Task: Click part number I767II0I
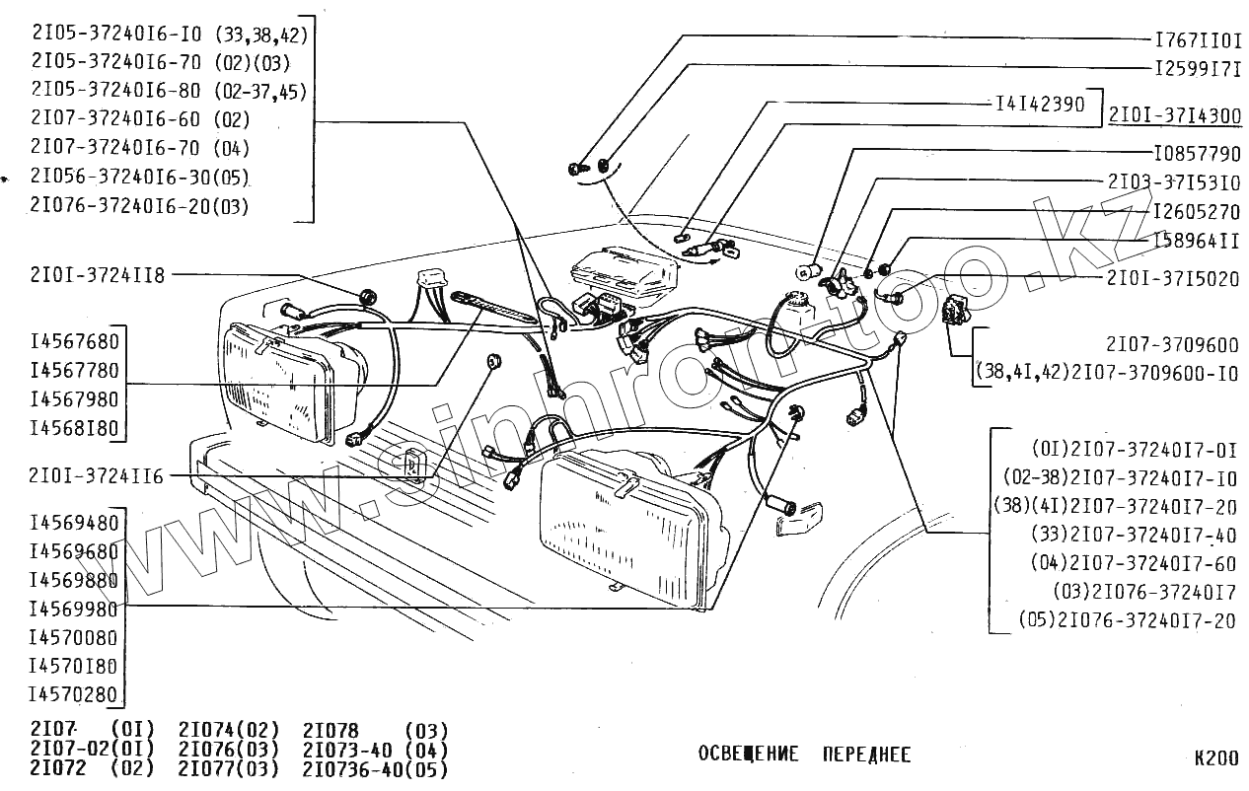[x=1198, y=40]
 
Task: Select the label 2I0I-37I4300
[x=1174, y=115]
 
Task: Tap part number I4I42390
[x=1039, y=102]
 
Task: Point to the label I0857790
[x=1197, y=155]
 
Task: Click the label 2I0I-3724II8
[x=98, y=275]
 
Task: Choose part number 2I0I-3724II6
[x=98, y=477]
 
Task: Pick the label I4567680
[x=75, y=342]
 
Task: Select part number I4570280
[x=75, y=694]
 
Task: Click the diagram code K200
[x=1214, y=758]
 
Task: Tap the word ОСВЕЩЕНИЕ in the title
[x=748, y=755]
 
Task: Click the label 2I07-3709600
[x=1172, y=345]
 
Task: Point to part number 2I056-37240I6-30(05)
[x=139, y=178]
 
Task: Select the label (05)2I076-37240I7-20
[x=1127, y=621]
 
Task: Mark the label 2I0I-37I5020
[x=1172, y=279]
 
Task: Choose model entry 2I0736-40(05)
[x=375, y=768]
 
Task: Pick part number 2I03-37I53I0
[x=1172, y=183]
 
